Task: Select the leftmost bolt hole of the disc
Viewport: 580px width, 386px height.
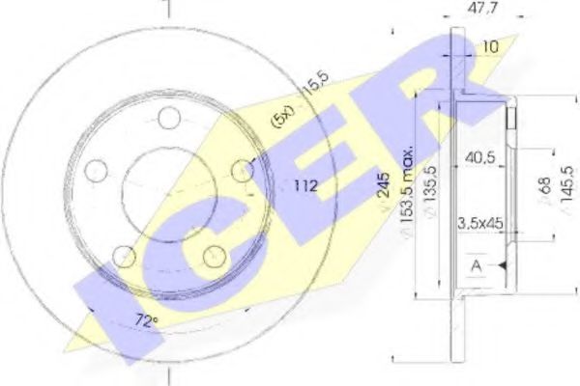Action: [95, 172]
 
